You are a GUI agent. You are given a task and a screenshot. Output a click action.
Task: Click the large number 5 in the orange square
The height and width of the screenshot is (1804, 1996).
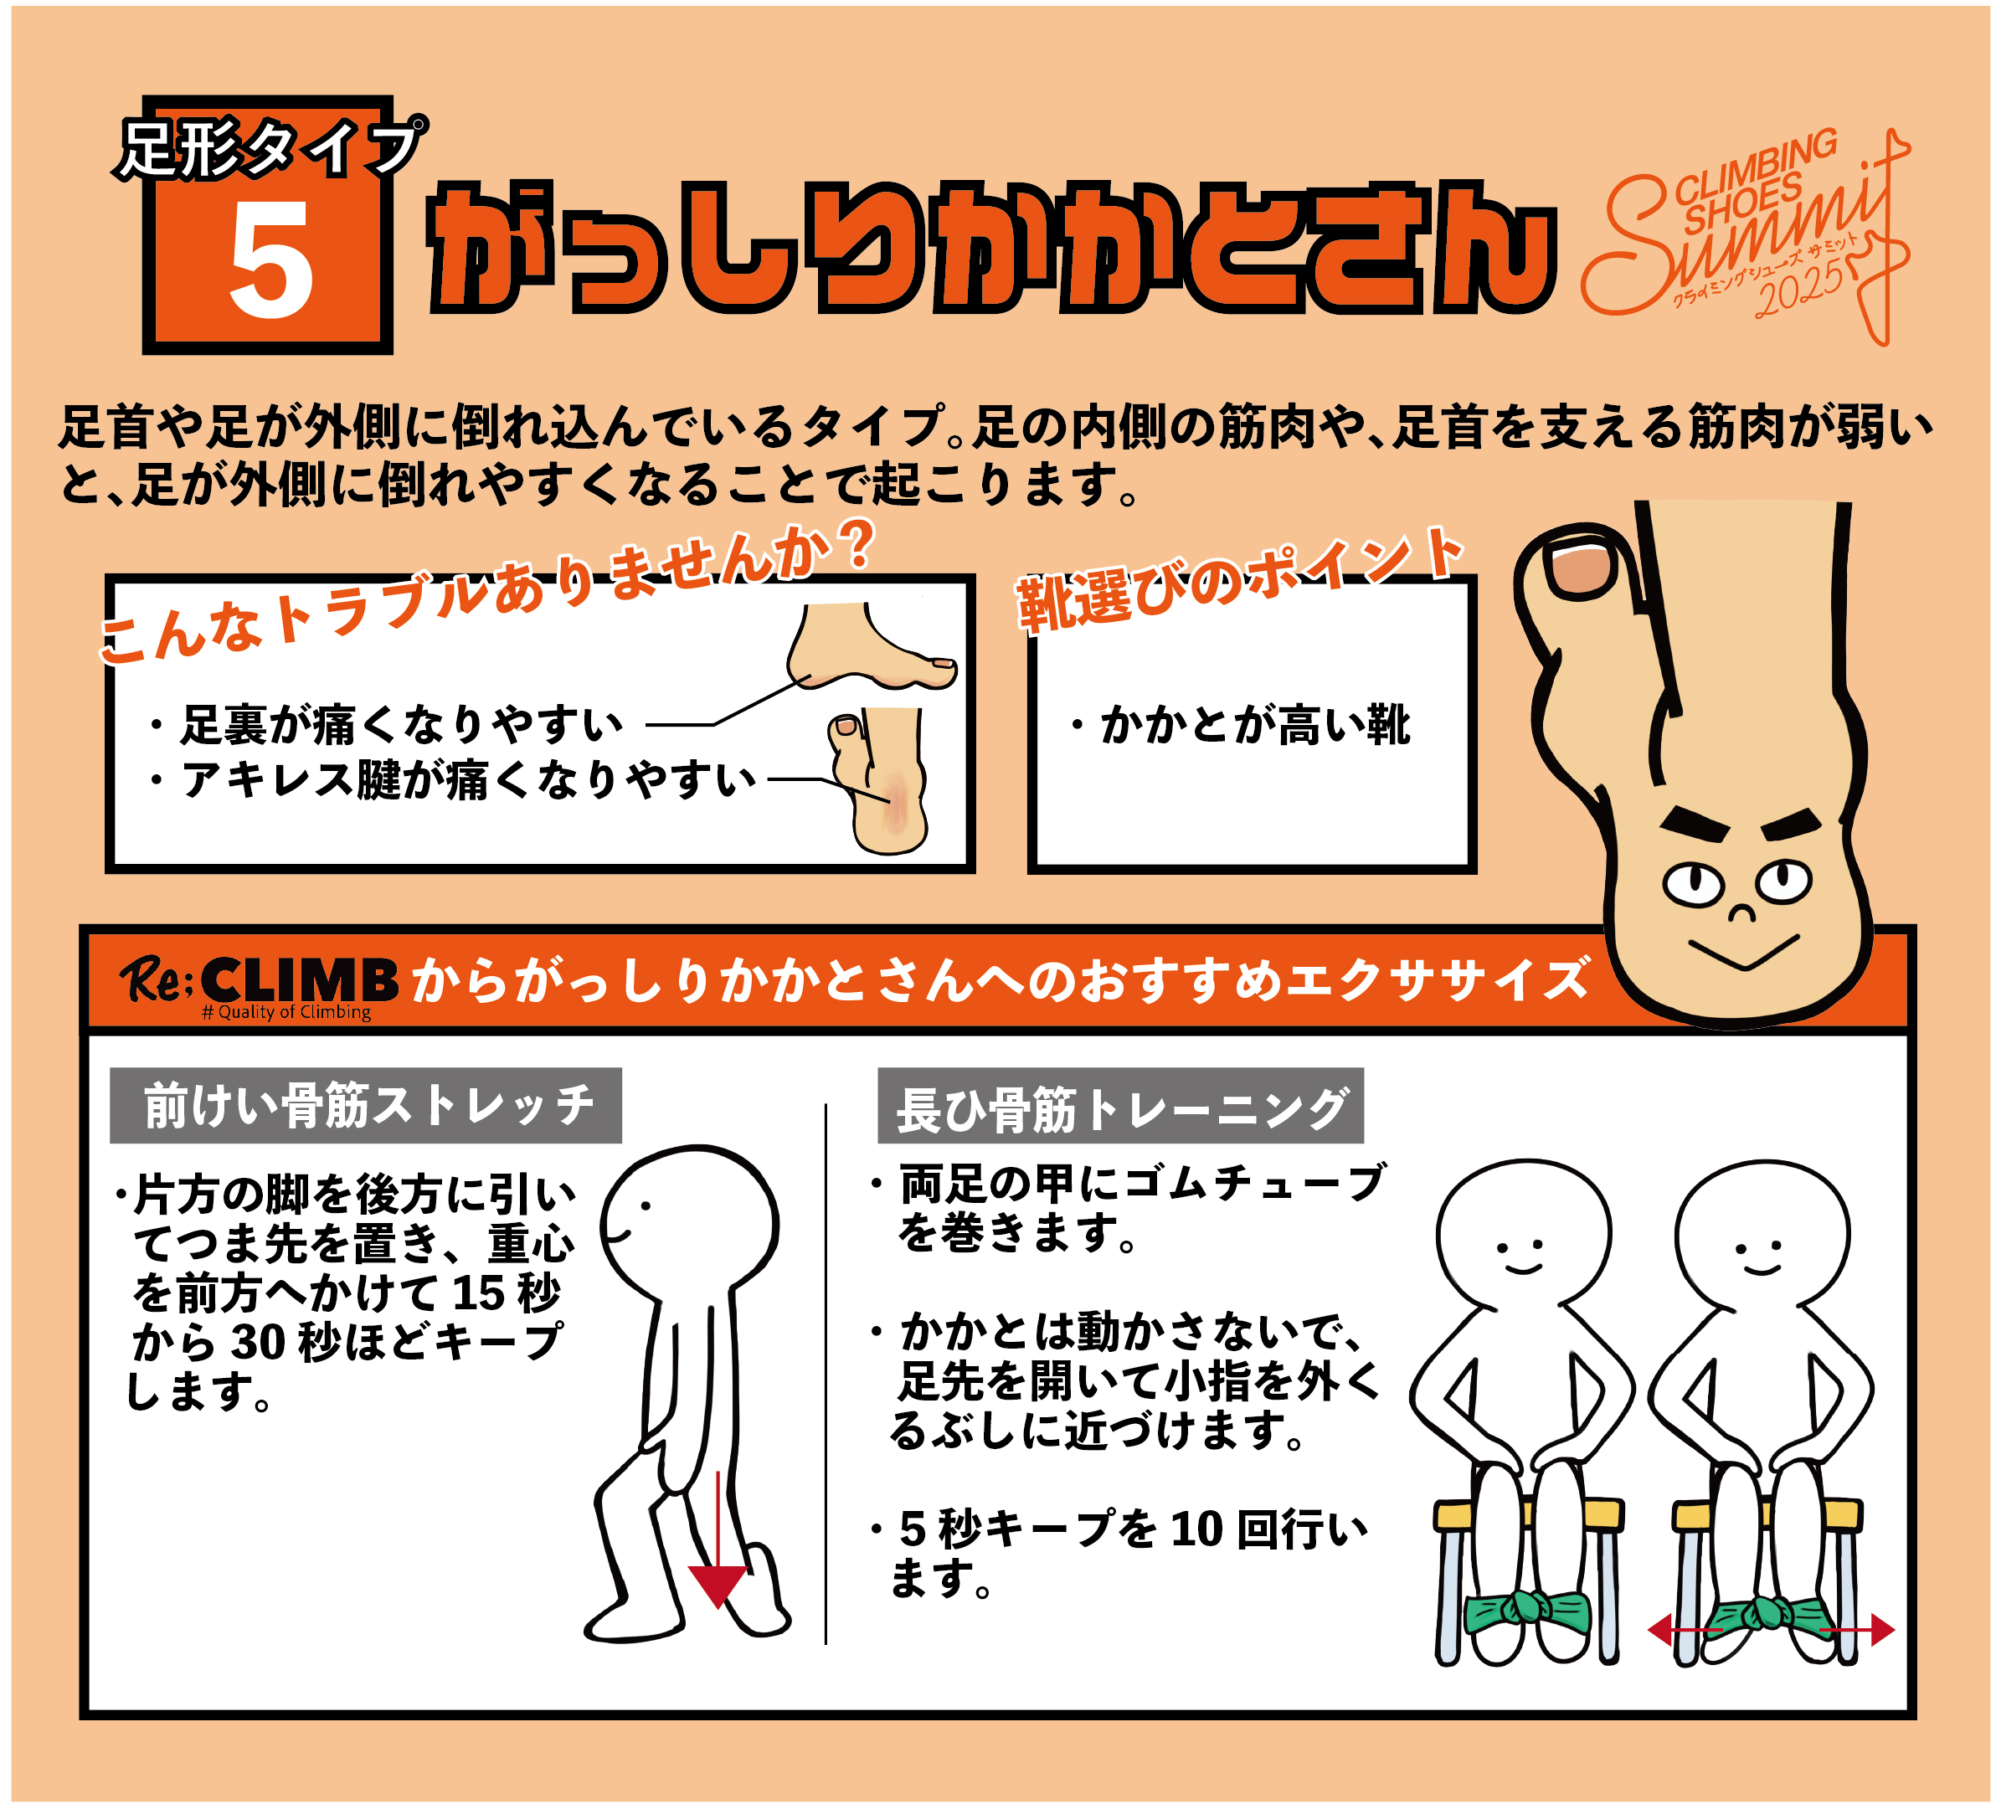click(x=270, y=260)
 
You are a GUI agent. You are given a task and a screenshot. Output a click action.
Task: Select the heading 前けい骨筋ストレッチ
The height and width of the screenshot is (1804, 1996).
click(x=368, y=1106)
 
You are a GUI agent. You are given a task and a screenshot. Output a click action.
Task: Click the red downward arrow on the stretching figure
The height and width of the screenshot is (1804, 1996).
click(x=718, y=1539)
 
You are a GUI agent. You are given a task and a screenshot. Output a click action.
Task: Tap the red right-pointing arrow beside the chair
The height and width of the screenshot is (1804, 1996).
click(x=1856, y=1629)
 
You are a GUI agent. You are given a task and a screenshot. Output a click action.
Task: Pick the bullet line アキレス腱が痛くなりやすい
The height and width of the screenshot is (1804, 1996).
click(x=454, y=780)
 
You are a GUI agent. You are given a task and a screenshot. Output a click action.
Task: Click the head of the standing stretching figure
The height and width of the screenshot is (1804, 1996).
click(x=690, y=1222)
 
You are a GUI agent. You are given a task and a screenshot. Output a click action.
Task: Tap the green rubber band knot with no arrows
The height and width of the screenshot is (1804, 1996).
click(x=1529, y=1608)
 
